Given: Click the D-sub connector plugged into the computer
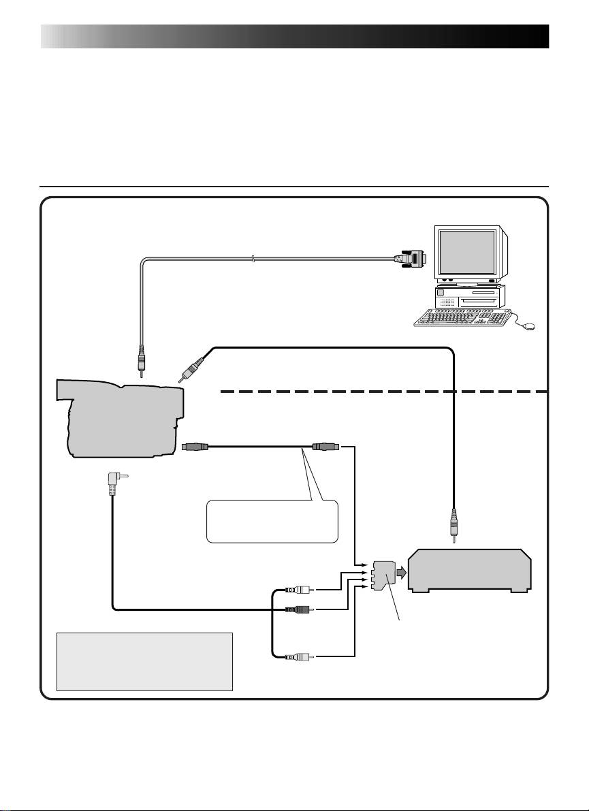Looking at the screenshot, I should click(x=410, y=258).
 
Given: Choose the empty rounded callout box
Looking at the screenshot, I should click(x=272, y=521).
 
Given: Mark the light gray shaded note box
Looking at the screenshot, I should click(x=144, y=661).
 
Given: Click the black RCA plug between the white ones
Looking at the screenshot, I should click(x=299, y=609).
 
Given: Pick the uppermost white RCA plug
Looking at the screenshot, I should click(x=299, y=590).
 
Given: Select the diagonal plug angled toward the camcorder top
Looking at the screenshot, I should click(x=190, y=368).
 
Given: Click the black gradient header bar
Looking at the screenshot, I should click(x=294, y=37).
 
